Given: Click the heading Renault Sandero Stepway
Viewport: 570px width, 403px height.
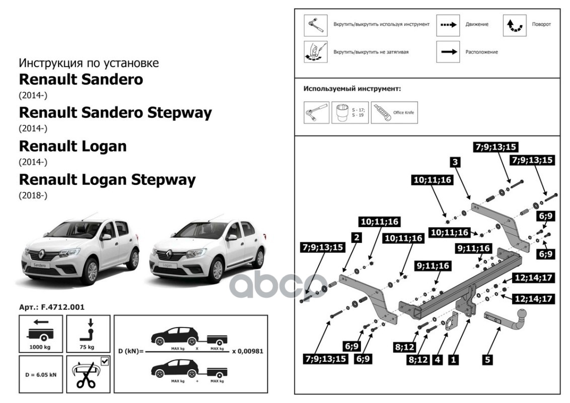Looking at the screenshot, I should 115,113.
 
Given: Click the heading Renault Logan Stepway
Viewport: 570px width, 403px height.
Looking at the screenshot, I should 107,179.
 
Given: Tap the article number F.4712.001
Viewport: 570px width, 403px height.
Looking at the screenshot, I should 52,306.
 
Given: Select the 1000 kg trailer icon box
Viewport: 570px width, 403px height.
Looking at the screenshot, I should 41,333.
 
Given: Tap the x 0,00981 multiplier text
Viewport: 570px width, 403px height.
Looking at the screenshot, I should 247,351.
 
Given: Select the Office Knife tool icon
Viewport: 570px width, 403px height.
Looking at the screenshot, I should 394,112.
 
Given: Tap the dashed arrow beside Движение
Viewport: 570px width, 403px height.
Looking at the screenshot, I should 448,25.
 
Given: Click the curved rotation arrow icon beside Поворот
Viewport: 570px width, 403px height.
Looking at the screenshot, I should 515,25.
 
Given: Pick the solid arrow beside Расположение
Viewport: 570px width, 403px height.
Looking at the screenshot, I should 448,52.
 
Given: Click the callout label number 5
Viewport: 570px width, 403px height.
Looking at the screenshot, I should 487,359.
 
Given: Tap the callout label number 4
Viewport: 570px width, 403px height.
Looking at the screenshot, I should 438,360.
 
